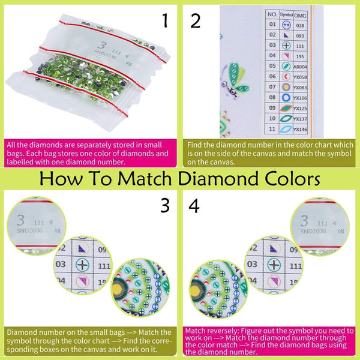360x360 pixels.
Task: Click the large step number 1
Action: pos(164,22)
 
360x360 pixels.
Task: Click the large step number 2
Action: pos(196,22)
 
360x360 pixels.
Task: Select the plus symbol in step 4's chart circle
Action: pos(274,265)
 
